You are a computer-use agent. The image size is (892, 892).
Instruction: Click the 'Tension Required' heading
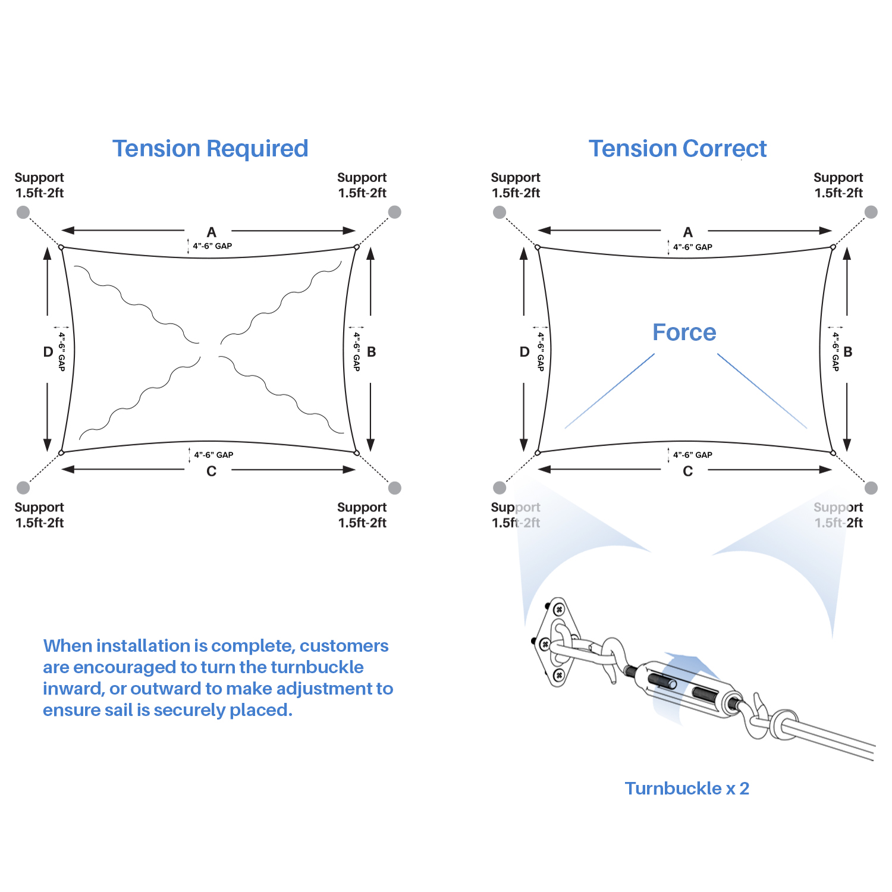coord(210,149)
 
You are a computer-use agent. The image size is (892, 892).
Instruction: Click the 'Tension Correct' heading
coord(677,149)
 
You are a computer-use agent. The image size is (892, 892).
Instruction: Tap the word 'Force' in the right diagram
coord(684,332)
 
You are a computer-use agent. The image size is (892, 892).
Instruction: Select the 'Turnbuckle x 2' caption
coord(687,789)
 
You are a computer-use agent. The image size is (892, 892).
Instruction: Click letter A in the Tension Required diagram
coord(211,232)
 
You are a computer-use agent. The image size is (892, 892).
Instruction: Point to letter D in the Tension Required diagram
coord(48,351)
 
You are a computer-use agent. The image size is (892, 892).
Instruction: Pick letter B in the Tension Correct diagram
coord(847,351)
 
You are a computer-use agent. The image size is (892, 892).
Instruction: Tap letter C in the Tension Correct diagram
coord(687,471)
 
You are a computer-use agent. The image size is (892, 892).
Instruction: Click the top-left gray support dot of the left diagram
coord(23,212)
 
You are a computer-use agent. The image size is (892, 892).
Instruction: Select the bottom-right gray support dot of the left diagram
coord(394,488)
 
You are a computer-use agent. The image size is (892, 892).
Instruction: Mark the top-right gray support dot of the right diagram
coord(871,212)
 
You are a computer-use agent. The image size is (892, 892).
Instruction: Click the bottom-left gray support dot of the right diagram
coord(500,488)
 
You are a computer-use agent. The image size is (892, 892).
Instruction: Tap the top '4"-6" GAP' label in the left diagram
coord(212,246)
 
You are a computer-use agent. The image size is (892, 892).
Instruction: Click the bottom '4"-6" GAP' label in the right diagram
coord(692,455)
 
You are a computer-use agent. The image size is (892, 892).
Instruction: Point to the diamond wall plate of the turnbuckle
coord(557,642)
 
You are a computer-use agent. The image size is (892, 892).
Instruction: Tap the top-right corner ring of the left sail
coord(356,247)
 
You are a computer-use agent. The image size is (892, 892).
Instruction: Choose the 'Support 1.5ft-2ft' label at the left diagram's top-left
coord(39,185)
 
